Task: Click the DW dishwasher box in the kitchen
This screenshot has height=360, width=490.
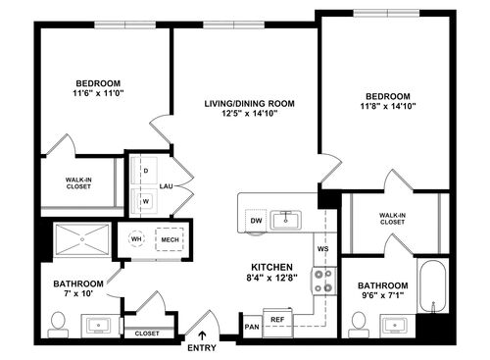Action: pos(256,221)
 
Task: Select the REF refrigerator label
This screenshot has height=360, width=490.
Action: pos(278,320)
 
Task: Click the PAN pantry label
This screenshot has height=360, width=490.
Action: pos(252,326)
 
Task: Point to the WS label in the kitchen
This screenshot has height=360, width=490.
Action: pos(321,249)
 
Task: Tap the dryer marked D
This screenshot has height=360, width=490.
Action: pos(146,171)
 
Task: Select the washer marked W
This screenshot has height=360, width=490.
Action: pos(146,201)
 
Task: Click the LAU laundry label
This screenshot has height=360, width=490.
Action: pos(168,185)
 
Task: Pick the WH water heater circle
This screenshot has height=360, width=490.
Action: pos(138,239)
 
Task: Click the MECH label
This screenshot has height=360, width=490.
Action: pos(170,239)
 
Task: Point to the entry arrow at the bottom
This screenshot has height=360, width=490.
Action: pos(202,336)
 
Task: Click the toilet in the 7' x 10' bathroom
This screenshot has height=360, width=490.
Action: pos(57,321)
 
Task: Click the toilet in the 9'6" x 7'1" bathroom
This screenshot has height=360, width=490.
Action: pos(357,320)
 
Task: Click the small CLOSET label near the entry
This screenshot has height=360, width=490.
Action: pos(147,334)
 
